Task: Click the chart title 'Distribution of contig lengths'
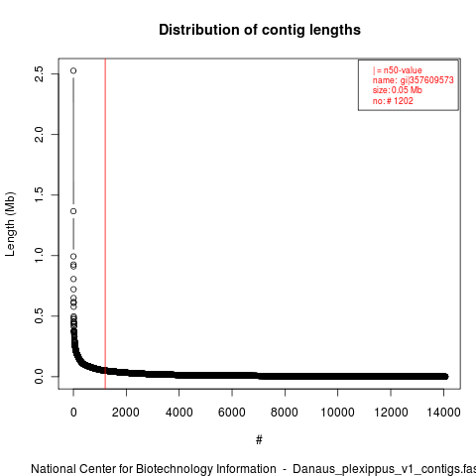pyautogui.click(x=260, y=30)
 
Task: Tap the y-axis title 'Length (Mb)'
pyautogui.click(x=10, y=224)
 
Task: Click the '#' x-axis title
pyautogui.click(x=259, y=440)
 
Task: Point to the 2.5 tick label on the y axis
pyautogui.click(x=39, y=73)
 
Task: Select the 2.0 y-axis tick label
pyautogui.click(x=39, y=134)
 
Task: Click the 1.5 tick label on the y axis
pyautogui.click(x=39, y=194)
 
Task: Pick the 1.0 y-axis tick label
pyautogui.click(x=39, y=255)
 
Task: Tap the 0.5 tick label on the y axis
pyautogui.click(x=39, y=315)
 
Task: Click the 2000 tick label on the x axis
pyautogui.click(x=126, y=413)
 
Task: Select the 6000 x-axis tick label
pyautogui.click(x=232, y=413)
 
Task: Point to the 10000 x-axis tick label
pyautogui.click(x=337, y=413)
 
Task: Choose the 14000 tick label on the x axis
pyautogui.click(x=443, y=413)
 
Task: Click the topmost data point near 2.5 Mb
pyautogui.click(x=73, y=70)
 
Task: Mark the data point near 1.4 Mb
pyautogui.click(x=73, y=211)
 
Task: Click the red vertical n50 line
pyautogui.click(x=105, y=224)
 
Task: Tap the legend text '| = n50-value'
pyautogui.click(x=398, y=70)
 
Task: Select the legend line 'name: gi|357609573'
pyautogui.click(x=414, y=80)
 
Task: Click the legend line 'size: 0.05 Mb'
pyautogui.click(x=398, y=90)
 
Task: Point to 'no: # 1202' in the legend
pyautogui.click(x=393, y=101)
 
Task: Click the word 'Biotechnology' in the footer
pyautogui.click(x=206, y=469)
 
